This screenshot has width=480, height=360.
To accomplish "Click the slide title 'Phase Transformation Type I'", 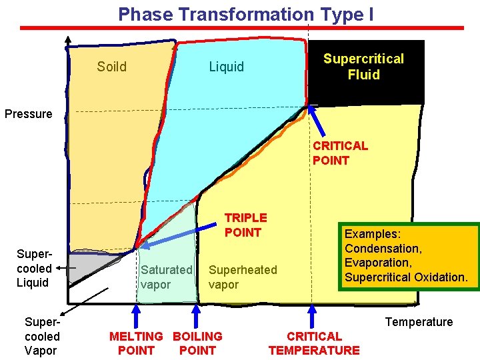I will [x=245, y=14].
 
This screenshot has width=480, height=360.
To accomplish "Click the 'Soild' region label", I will [x=111, y=67].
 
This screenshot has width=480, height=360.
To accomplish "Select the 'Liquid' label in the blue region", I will [x=227, y=67].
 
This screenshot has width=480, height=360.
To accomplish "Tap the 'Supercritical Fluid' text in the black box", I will [x=363, y=67].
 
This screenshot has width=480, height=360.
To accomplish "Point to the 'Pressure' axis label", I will [x=28, y=114].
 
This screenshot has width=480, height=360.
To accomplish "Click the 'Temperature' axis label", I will [x=419, y=322].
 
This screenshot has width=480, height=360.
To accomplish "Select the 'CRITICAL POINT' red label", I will [x=340, y=153].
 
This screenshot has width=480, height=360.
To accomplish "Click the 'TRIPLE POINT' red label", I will [x=245, y=225].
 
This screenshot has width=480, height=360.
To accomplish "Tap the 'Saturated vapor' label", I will [x=166, y=277].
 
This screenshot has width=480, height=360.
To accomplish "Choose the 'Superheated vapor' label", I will [x=242, y=277].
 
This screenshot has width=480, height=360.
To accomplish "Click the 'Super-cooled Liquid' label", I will [x=34, y=268].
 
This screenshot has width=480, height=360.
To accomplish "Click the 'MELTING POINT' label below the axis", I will [x=136, y=343].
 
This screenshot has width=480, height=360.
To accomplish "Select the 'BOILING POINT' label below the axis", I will [x=197, y=343].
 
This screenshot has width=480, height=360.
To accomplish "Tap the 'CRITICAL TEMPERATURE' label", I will [x=313, y=343].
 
